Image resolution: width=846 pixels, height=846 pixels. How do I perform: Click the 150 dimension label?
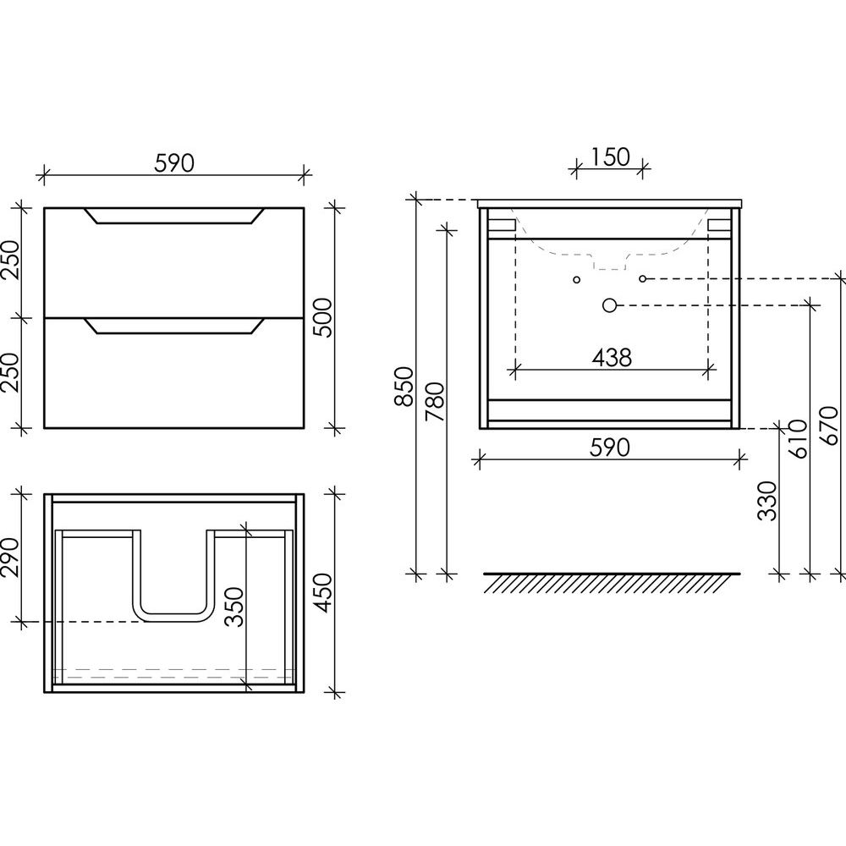pos(610,157)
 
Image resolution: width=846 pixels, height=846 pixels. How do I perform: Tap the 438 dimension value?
pos(612,357)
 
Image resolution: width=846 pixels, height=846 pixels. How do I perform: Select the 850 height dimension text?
pos(404,387)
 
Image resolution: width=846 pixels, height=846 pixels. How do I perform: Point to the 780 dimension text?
pos(435,402)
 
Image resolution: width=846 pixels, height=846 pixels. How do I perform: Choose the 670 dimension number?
pos(829,426)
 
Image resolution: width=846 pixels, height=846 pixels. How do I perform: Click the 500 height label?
pos(323,317)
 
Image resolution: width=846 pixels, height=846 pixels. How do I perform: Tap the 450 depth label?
pos(323,592)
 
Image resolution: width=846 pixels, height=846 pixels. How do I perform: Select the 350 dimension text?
pos(234,607)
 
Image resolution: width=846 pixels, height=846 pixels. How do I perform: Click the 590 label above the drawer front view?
pos(173,163)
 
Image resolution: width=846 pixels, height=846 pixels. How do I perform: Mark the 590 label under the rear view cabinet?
pos(610,448)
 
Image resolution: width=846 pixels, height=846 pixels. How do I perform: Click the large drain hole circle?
pos(609,306)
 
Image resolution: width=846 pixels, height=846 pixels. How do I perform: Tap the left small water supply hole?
pos(577,279)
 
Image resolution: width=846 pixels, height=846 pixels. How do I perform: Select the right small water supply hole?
pos(643,278)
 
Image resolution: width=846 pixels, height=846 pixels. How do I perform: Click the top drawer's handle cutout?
pos(173,215)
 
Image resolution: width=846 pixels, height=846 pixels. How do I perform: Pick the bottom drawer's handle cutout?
pos(173,326)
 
